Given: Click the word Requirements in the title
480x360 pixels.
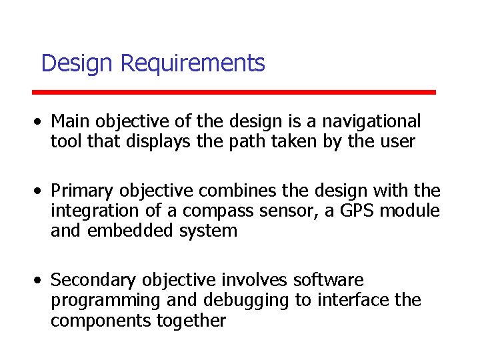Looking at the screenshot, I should pyautogui.click(x=193, y=64).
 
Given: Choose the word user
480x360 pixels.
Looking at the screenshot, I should pyautogui.click(x=397, y=141).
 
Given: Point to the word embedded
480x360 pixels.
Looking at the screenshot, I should pyautogui.click(x=131, y=231).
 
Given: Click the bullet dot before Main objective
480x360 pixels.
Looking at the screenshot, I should pyautogui.click(x=41, y=122).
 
